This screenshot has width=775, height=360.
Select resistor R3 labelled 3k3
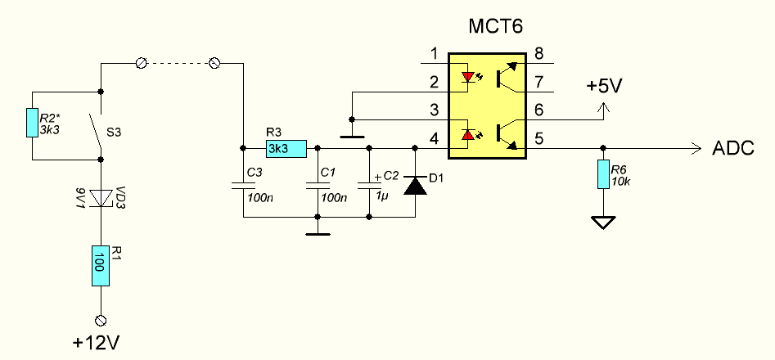[286, 148]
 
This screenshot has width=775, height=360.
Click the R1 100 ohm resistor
[100, 266]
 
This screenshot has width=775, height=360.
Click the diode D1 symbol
[416, 184]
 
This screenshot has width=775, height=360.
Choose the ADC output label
[734, 149]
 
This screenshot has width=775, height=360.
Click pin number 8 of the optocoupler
[538, 54]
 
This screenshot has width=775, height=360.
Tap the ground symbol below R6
[603, 221]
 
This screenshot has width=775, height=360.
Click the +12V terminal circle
[100, 320]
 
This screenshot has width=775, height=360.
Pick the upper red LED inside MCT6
[467, 79]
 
